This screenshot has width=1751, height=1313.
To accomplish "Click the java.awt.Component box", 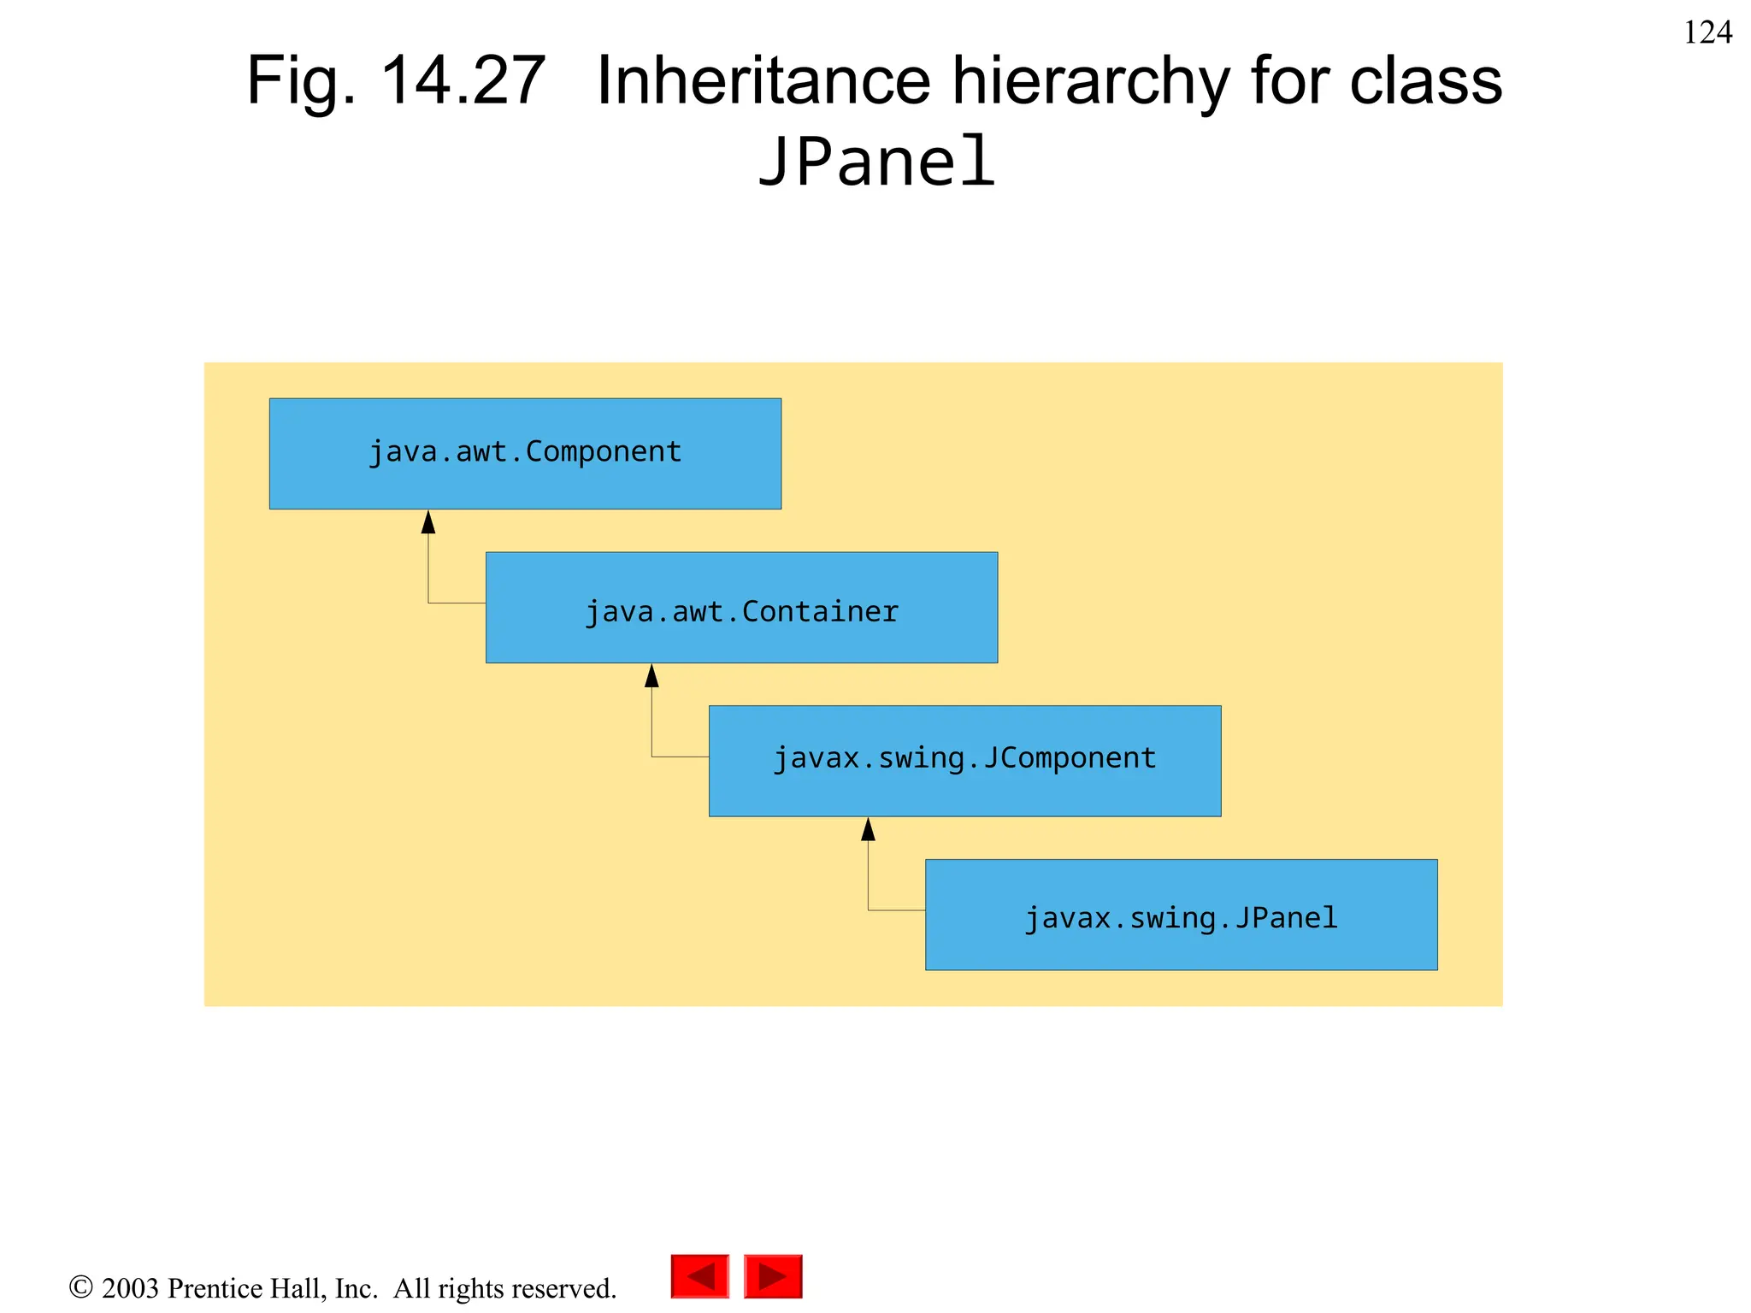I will click(x=525, y=453).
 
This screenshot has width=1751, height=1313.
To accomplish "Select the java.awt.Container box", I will click(x=741, y=607).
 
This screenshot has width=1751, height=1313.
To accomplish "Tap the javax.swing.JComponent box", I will click(x=964, y=761).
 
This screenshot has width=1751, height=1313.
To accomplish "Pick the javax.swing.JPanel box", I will click(x=1181, y=915).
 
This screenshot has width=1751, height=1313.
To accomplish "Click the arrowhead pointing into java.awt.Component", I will click(x=428, y=522).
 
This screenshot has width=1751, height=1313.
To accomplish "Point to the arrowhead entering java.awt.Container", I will click(x=651, y=676).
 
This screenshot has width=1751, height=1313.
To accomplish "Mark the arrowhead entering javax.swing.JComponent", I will click(x=868, y=829).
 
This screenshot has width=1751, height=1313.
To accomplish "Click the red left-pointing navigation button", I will click(x=700, y=1276).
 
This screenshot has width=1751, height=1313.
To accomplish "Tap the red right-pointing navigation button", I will click(x=773, y=1276).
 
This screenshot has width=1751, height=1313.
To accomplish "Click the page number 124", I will click(x=1707, y=32).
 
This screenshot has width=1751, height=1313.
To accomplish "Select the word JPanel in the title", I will click(x=877, y=162).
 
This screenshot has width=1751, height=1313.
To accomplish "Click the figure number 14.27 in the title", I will click(x=463, y=81).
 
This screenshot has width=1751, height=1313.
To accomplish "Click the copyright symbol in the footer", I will click(x=80, y=1287).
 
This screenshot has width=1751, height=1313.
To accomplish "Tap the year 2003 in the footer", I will click(x=130, y=1288).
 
